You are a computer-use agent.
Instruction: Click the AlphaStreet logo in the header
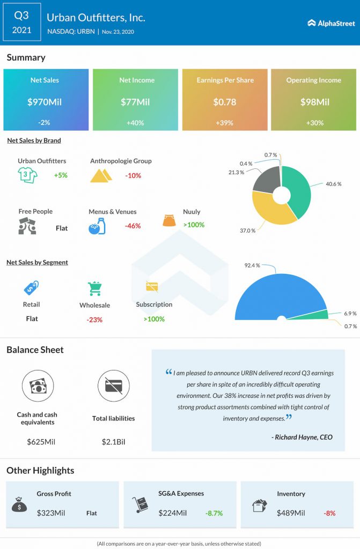coord(329,23)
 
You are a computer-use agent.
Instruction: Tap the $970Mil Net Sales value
coord(45,102)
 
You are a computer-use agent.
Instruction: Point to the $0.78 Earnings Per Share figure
coord(225,102)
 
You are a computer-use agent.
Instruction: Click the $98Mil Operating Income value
coord(313,102)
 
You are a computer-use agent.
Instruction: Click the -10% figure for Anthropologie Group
coord(134,175)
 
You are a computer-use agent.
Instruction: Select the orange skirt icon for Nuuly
coord(170,220)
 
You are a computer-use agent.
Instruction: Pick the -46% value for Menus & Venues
coord(133,226)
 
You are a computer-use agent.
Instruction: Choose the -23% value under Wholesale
coord(94,320)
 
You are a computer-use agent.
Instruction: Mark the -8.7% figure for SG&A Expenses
coord(214,513)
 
